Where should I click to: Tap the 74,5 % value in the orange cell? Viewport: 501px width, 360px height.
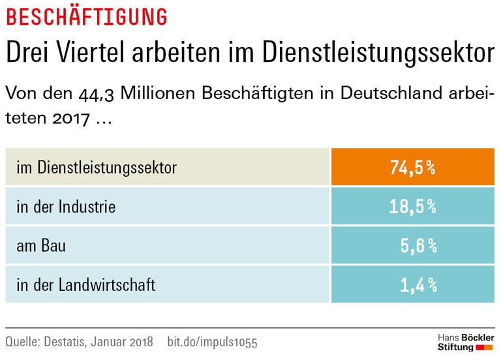tap(412, 168)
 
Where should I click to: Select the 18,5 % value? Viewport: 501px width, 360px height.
tap(412, 207)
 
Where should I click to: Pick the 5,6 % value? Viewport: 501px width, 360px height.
tap(417, 246)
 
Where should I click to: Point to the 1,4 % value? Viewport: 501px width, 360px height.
tap(417, 284)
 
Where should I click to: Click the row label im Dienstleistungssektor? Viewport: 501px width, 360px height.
tap(97, 168)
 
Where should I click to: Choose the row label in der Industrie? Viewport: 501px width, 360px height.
tap(66, 207)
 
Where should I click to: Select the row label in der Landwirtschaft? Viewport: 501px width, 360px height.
tap(86, 284)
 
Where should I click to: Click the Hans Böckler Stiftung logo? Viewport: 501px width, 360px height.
tap(465, 342)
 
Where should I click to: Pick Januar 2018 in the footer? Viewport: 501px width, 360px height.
tap(130, 342)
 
